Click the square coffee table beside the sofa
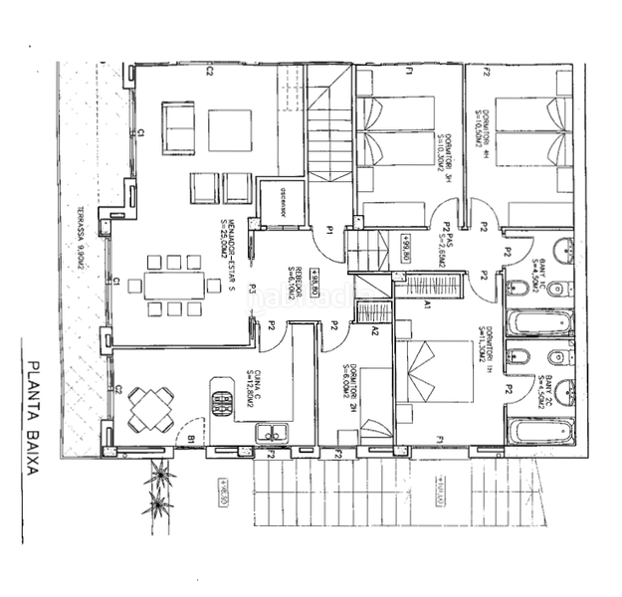[x=230, y=128]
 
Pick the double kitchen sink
[x=273, y=432]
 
